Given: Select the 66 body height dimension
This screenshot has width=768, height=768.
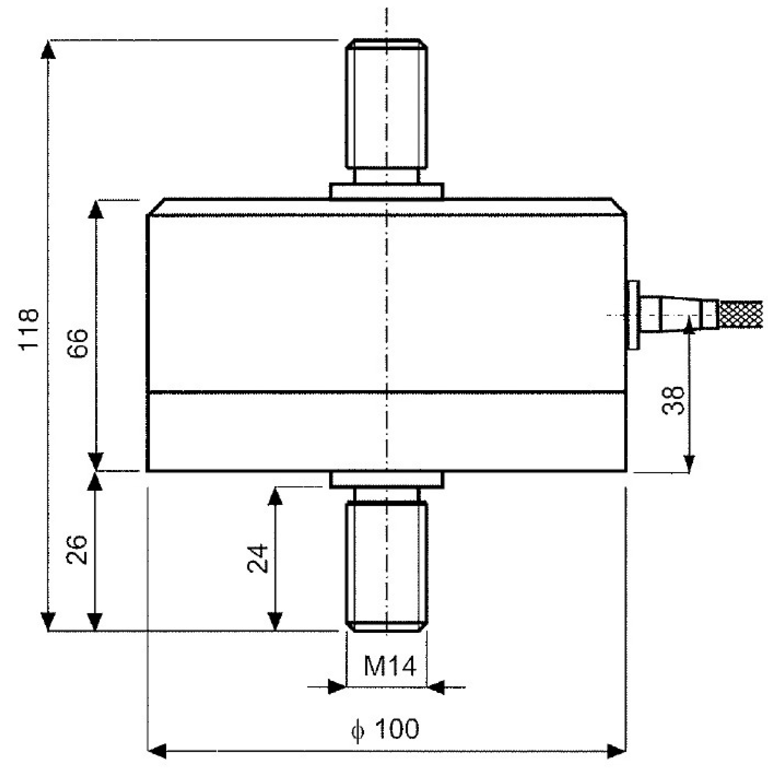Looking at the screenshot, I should coord(78,342).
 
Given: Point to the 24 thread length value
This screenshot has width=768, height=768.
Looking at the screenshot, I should coord(258,558).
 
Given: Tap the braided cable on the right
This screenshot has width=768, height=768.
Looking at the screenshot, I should coord(741,314).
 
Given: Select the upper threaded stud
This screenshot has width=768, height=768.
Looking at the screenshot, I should coord(386,104).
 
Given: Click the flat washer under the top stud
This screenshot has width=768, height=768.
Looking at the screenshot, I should coord(386,191).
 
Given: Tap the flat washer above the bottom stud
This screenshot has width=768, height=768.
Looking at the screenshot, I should coord(386,479).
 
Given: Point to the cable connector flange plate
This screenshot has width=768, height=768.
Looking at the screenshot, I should coord(634,315).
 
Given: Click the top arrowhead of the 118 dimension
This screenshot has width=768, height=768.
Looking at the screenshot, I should coord(48,49).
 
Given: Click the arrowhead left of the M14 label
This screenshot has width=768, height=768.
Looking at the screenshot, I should coord(337,687).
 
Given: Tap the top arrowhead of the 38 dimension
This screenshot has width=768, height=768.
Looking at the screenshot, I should coord(689,326).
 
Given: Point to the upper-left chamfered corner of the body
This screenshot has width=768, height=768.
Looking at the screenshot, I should coord(156,207).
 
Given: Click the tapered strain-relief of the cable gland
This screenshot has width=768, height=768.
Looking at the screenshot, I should coord(681,315).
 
